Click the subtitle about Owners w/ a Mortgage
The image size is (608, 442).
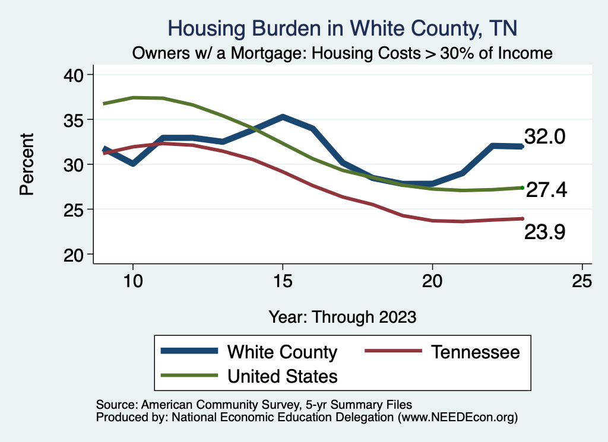(343, 53)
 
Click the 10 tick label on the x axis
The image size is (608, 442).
(132, 281)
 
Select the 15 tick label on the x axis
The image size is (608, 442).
(283, 281)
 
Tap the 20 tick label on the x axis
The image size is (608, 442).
(432, 281)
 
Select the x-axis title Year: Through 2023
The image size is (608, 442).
(343, 316)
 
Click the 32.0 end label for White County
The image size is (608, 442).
(544, 137)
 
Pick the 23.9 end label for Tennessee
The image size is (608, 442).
(544, 233)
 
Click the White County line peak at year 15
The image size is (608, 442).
(283, 117)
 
